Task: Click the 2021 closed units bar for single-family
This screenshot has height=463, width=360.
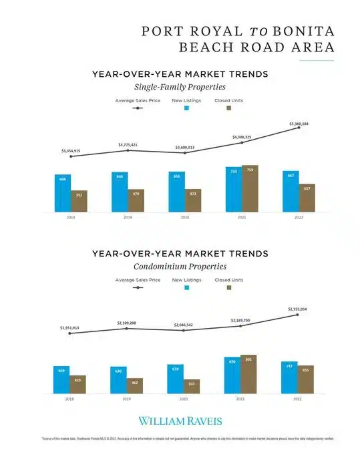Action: [x=250, y=188]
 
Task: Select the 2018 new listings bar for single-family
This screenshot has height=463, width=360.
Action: [x=63, y=193]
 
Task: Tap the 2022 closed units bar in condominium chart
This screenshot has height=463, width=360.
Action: [x=306, y=379]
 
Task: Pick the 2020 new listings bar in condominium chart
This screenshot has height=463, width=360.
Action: [x=176, y=379]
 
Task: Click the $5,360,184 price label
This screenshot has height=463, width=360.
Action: [x=299, y=124]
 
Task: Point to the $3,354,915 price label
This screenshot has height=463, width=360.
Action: [x=69, y=151]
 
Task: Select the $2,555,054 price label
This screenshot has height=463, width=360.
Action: [x=299, y=309]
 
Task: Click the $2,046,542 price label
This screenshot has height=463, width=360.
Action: [x=184, y=324]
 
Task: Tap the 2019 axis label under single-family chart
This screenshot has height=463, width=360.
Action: [x=127, y=217]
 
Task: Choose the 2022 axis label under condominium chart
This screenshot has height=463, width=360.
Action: [x=298, y=399]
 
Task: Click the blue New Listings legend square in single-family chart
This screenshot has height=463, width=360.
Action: [x=187, y=107]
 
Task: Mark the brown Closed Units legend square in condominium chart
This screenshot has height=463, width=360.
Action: [x=228, y=287]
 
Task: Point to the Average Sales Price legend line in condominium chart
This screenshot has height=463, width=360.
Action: [x=138, y=287]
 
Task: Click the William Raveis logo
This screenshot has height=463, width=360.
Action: [x=180, y=421]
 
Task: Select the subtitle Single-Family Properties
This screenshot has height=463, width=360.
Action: [x=180, y=87]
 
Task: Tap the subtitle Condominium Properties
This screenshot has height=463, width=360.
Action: [x=180, y=266]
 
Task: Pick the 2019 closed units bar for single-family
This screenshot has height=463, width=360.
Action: [x=136, y=200]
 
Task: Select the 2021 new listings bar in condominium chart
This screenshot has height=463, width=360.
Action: [x=233, y=375]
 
